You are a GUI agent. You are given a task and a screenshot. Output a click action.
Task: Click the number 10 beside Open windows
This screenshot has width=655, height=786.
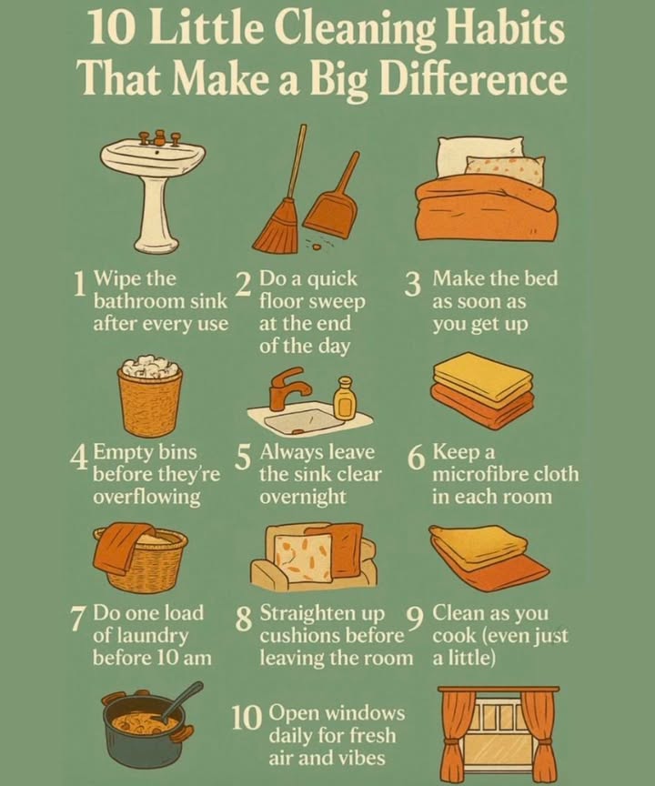[246, 719]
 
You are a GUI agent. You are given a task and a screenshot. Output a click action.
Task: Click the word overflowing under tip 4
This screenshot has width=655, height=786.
[146, 498]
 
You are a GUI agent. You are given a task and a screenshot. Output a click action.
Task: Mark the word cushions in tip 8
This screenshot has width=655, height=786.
[306, 635]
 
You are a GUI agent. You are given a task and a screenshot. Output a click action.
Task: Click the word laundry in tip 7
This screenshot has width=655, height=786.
[141, 635]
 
